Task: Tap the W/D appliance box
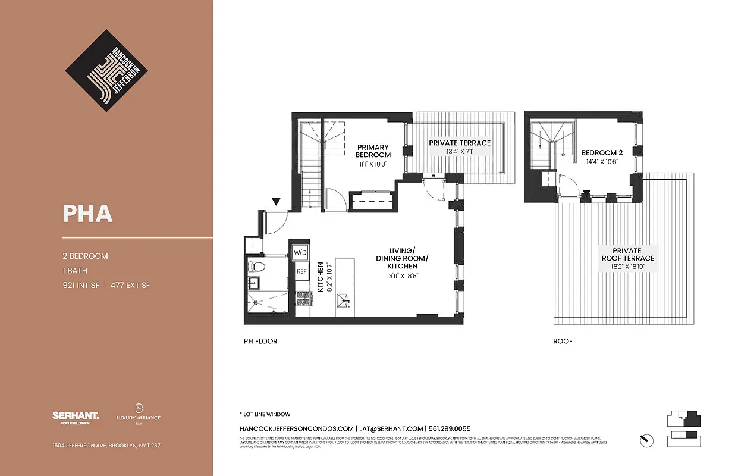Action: click(x=300, y=253)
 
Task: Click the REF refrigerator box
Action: click(x=301, y=271)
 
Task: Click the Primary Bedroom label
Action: click(x=373, y=151)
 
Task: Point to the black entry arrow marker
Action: click(x=275, y=203)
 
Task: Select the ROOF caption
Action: click(x=563, y=342)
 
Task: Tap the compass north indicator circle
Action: click(x=646, y=440)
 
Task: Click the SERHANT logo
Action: click(x=76, y=416)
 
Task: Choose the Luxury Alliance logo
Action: click(x=138, y=414)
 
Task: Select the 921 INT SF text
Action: click(x=81, y=286)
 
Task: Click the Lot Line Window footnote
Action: click(x=265, y=414)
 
